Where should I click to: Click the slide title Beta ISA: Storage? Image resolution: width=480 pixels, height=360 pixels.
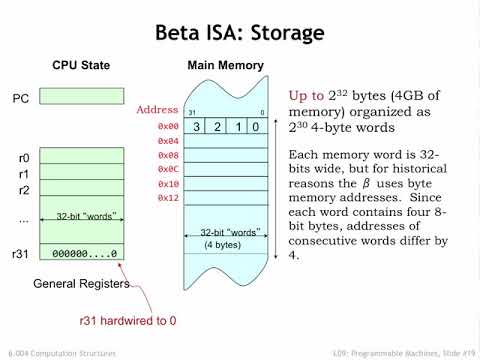tap(239, 33)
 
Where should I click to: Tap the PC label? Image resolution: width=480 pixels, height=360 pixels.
tap(20, 99)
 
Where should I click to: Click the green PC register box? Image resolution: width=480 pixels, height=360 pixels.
tap(79, 100)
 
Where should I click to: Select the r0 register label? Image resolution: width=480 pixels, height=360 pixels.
tap(23, 158)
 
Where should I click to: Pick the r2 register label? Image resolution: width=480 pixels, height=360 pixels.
tap(23, 189)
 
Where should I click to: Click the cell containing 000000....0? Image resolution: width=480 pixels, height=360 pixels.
tap(79, 254)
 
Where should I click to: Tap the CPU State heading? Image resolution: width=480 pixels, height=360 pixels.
tap(81, 66)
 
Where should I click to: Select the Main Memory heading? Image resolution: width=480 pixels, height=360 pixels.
tap(226, 66)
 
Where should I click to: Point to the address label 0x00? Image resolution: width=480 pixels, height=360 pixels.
tap(167, 127)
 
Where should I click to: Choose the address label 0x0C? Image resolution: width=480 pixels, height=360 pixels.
tap(167, 169)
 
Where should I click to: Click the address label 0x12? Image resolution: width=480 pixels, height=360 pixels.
tap(167, 198)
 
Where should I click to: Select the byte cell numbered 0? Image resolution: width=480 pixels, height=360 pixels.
tap(257, 127)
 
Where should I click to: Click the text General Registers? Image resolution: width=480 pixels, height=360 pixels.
tap(81, 284)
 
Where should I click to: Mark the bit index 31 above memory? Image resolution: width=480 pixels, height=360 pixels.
tap(191, 112)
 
